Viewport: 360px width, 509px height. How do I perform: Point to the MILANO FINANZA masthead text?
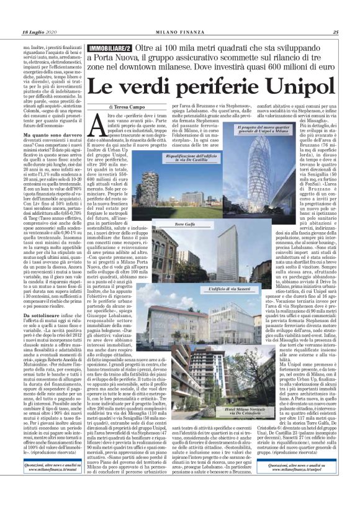click(179, 33)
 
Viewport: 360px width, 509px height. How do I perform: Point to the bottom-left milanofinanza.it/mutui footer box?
click(52, 485)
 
